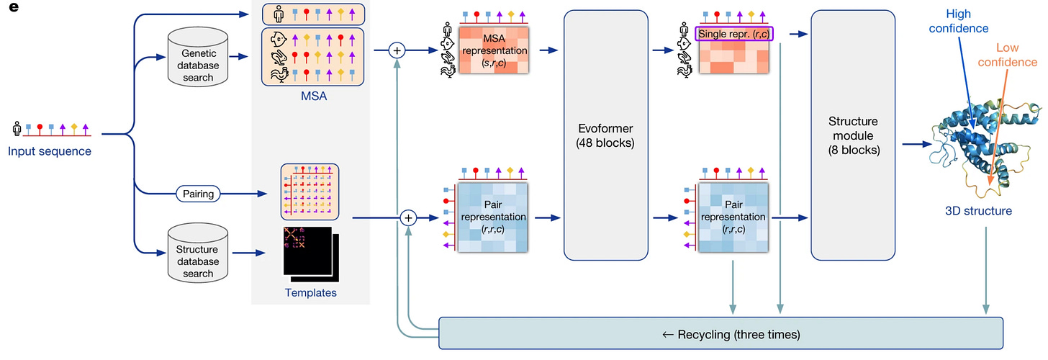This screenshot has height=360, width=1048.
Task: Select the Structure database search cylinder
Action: tap(198, 253)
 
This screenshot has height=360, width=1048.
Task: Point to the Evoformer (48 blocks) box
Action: tap(605, 135)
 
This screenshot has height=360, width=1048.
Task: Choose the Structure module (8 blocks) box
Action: tap(852, 135)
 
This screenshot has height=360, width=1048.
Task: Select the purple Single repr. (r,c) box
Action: tap(733, 33)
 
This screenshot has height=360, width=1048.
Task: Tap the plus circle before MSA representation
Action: tap(397, 50)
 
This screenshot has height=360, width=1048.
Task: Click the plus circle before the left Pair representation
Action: tap(408, 217)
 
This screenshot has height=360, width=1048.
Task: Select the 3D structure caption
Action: tap(978, 211)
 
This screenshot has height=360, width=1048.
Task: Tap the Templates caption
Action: tap(310, 293)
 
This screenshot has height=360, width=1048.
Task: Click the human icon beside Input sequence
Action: tap(17, 129)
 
